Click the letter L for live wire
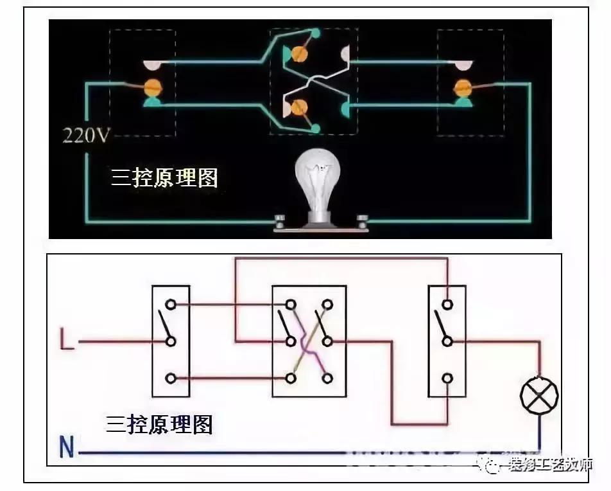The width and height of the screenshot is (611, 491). pos(67,341)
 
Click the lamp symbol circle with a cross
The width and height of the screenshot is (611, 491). pos(538,395)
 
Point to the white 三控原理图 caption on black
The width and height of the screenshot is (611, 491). pos(164,178)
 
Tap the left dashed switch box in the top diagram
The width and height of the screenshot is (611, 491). pos(142,82)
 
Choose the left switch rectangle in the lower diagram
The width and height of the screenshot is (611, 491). pos(171,341)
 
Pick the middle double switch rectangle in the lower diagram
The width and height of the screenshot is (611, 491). pos(309,341)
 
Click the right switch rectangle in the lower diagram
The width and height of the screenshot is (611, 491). pos(447,341)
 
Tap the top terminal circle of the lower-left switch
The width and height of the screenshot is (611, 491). pos(171,304)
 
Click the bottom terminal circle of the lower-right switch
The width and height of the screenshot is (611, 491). pos(447,378)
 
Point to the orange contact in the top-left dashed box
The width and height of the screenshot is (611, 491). pos(153,85)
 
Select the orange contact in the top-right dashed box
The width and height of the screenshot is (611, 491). pos(462,87)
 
